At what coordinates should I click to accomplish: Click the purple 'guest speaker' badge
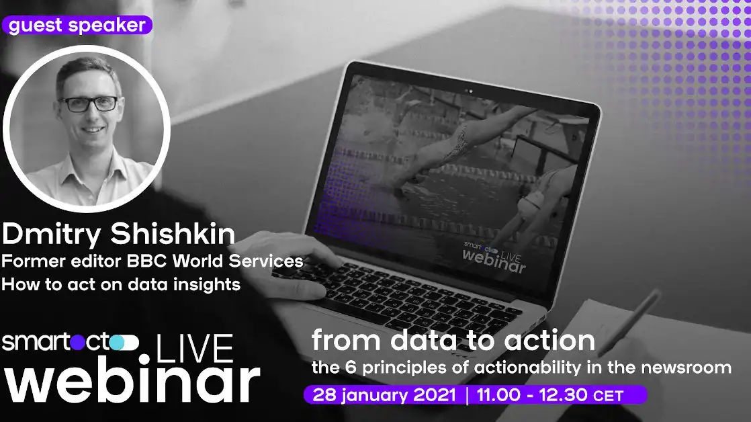point(77,26)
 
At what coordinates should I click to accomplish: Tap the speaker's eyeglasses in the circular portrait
point(88,104)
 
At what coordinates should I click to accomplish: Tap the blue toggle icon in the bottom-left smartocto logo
point(126,343)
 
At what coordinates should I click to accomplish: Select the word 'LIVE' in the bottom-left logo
point(195,350)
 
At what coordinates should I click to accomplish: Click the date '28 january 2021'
point(384,394)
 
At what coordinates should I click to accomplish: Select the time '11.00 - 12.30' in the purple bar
point(526,394)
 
